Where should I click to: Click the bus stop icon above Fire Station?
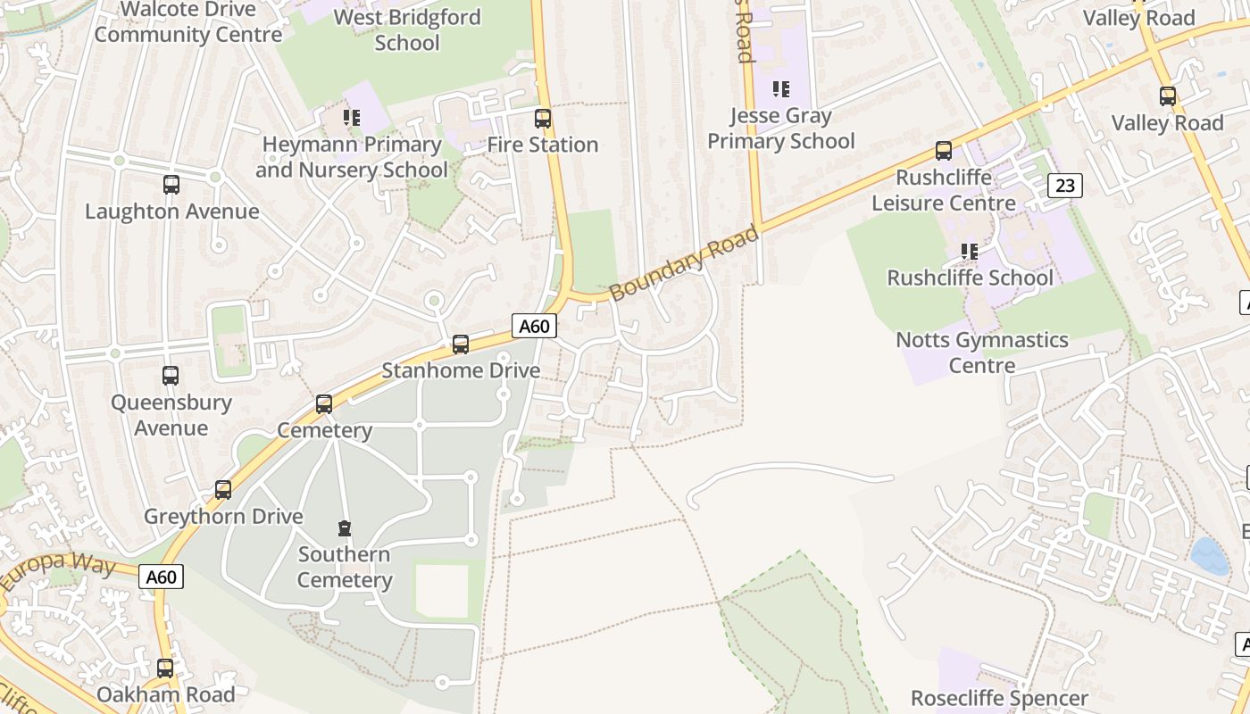542,118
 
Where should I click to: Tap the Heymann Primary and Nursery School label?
352,157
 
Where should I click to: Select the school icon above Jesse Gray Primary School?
781,89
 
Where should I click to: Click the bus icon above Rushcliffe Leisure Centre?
944,151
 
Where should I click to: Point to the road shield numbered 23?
1064,185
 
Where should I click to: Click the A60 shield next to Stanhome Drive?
534,326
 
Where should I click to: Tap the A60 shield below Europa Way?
161,577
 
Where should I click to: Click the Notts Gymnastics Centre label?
982,353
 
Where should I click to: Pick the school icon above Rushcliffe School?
970,252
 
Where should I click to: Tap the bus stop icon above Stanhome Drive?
461,344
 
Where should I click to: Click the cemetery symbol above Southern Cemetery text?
345,528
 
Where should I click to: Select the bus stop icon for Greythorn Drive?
223,490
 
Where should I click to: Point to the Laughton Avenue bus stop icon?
171,185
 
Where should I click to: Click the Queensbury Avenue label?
171,415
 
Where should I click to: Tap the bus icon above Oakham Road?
165,668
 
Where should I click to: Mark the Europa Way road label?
58,571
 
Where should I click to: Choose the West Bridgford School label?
407,29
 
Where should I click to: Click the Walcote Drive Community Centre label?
187,22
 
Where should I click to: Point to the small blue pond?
1209,555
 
